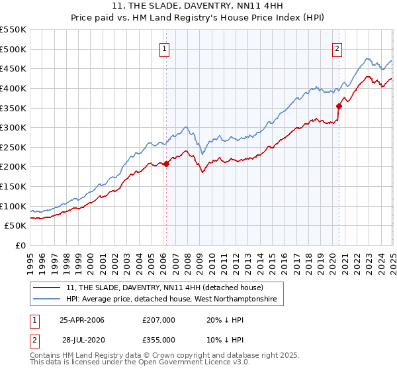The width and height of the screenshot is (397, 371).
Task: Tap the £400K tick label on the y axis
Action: (13, 88)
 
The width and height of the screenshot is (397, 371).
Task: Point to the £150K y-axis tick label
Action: (13, 186)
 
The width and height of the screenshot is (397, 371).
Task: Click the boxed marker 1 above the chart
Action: (163, 48)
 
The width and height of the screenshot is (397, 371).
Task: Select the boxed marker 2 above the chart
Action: (337, 48)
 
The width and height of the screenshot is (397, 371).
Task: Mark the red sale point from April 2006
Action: (166, 164)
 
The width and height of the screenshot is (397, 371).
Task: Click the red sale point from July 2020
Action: (339, 106)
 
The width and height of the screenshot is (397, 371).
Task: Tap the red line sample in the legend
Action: (48, 288)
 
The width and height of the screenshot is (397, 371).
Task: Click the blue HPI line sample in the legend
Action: (48, 300)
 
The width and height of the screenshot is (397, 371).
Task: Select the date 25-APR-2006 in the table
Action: (82, 320)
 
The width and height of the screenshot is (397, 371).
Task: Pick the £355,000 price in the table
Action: (159, 339)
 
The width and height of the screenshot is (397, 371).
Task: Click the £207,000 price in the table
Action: (159, 320)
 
